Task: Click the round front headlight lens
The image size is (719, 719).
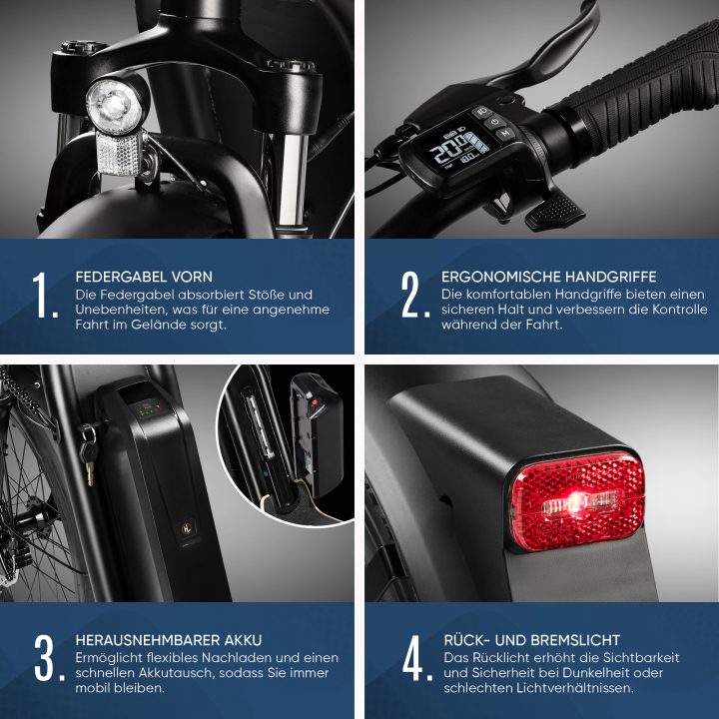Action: [x=113, y=106]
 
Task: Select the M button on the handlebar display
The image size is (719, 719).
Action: [x=505, y=133]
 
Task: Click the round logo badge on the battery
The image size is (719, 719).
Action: [x=187, y=528]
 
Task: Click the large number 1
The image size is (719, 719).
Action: [x=45, y=295]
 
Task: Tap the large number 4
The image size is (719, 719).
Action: [x=416, y=657]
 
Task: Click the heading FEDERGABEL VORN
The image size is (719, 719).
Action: [x=144, y=277]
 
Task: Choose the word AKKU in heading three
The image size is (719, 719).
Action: [x=243, y=640]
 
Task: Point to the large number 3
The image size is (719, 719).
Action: [x=49, y=657]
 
